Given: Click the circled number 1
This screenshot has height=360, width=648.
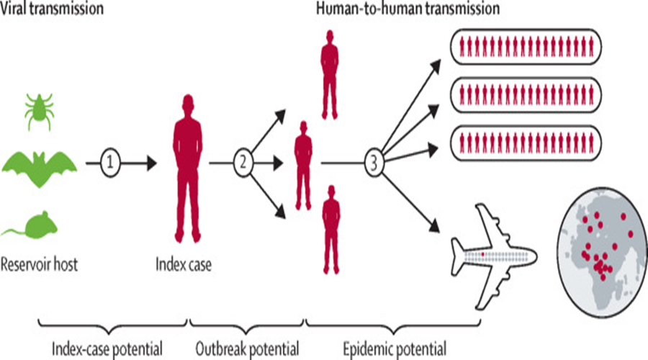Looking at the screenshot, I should [x=110, y=163].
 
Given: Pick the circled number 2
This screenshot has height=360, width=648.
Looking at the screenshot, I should [x=243, y=163].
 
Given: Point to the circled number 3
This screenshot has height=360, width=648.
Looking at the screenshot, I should [x=373, y=163].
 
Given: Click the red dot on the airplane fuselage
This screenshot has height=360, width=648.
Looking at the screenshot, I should [x=483, y=253].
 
